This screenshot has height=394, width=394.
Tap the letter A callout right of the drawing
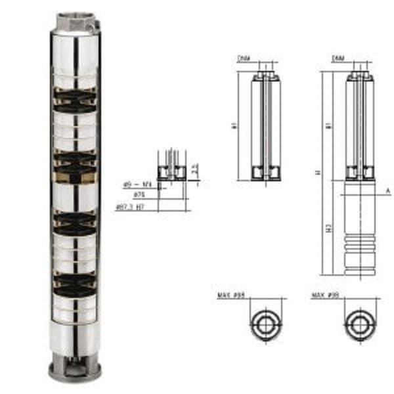(388, 190)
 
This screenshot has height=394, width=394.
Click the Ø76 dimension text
(139, 195)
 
